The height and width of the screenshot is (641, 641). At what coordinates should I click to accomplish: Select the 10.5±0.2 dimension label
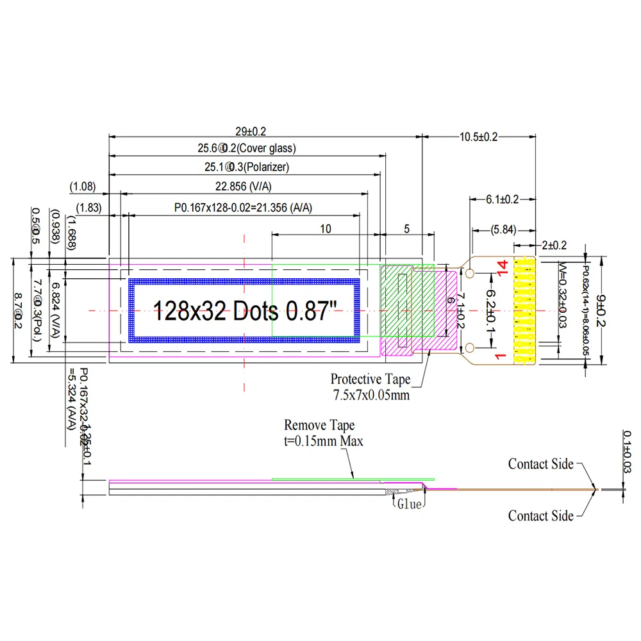point(479,137)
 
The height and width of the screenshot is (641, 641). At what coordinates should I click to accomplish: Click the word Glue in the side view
point(409,504)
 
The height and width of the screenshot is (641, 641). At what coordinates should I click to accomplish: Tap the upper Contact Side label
point(540,463)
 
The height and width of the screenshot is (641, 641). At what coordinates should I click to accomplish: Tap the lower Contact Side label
point(540,515)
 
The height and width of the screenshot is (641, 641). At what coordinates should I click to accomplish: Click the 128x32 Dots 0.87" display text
point(244,312)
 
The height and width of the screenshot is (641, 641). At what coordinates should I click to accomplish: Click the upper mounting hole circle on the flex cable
point(470,274)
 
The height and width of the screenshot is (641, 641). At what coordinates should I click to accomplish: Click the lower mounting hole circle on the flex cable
point(470,347)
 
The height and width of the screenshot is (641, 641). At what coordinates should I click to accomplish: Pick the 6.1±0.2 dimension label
point(503,199)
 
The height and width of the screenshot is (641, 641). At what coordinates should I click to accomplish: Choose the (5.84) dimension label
point(504,229)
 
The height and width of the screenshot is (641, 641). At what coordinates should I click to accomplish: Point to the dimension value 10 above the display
point(326,228)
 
